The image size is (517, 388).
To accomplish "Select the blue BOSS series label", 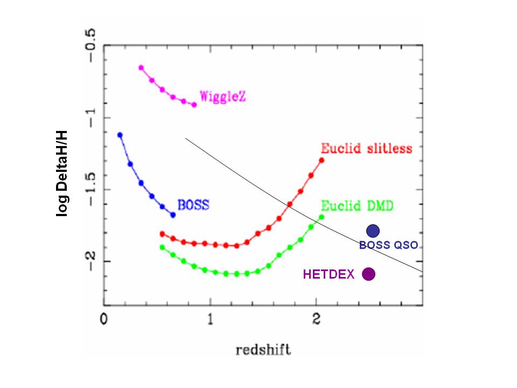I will click(193, 205).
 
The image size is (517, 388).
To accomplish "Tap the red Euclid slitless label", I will click(366, 148).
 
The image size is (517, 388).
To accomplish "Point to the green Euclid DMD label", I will click(357, 206).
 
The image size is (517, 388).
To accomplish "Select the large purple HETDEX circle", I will click(368, 274).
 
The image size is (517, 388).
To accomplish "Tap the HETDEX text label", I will click(329, 274).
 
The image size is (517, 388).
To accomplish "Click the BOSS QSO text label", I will click(388, 245).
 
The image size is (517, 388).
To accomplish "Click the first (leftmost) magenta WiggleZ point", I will click(141, 68).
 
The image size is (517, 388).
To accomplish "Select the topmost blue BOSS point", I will click(120, 135).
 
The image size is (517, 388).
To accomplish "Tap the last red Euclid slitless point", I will click(322, 160).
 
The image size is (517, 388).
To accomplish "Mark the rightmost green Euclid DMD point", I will click(322, 217).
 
